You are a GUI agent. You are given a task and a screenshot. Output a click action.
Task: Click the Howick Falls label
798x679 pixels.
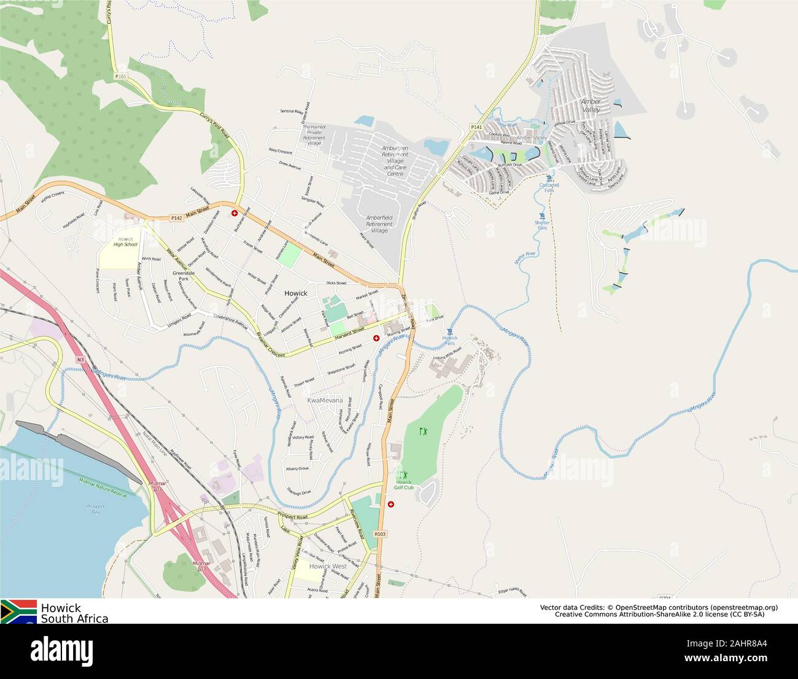tap(450, 341)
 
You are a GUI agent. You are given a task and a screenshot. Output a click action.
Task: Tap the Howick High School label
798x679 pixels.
tap(125, 241)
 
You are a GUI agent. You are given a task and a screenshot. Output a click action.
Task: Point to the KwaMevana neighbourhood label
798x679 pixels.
tap(325, 400)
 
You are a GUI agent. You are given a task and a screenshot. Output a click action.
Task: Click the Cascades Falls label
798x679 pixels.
tap(549, 187)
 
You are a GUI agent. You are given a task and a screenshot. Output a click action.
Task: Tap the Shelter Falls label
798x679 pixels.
tap(541, 225)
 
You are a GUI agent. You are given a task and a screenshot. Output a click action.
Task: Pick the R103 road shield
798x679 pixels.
tap(379, 534)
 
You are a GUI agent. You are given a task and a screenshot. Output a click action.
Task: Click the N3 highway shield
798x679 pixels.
tap(80, 359)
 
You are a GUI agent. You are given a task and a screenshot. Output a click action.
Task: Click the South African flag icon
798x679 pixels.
tap(18, 611)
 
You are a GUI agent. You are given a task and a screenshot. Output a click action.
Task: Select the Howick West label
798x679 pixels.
tap(328, 566)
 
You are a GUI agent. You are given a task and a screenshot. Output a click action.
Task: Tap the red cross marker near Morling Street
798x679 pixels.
tap(376, 338)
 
